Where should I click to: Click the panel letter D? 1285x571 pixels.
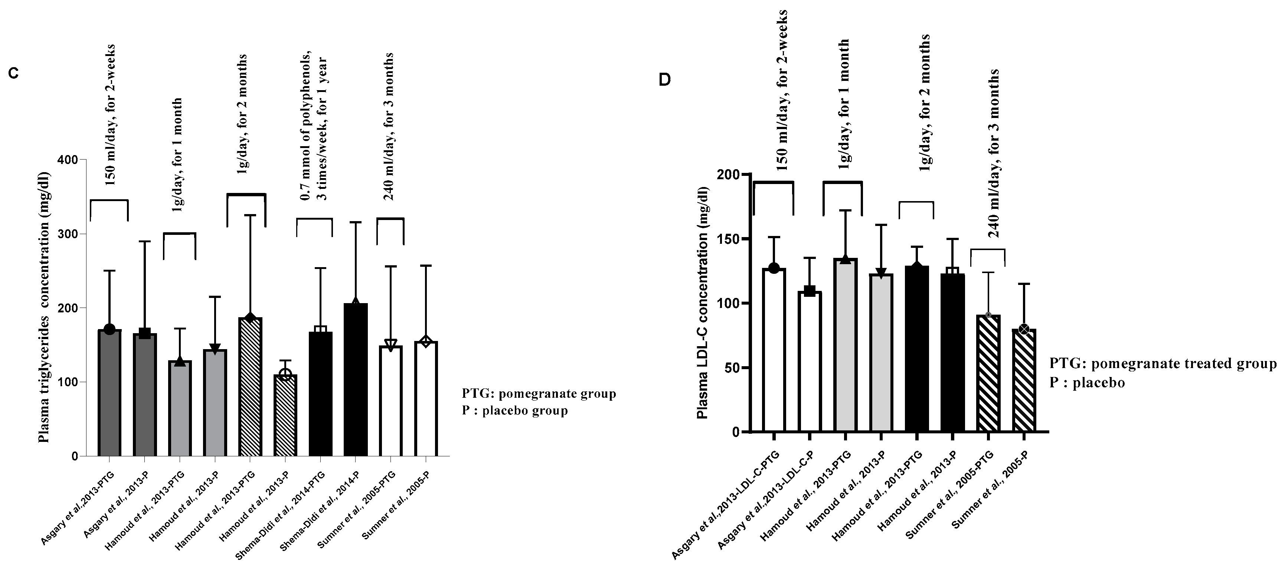tap(665, 80)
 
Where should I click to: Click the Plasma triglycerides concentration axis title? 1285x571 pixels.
tap(44, 308)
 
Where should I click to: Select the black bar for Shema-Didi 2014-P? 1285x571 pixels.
tap(356, 379)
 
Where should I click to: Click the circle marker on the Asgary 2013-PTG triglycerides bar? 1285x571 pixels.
tap(110, 329)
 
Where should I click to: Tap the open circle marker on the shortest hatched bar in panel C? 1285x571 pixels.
tap(285, 374)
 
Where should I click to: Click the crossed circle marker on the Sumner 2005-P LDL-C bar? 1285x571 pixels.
tap(1024, 329)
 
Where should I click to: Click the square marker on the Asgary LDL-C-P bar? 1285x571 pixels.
tap(809, 291)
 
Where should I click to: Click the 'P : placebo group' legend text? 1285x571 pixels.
tap(514, 411)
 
